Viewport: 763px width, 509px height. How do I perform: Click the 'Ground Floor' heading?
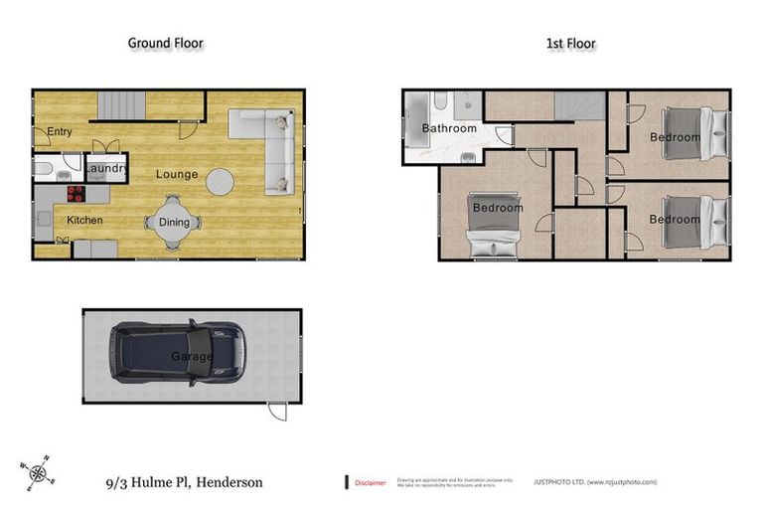(x=166, y=43)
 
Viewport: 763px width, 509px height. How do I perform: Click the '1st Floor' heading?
(x=570, y=43)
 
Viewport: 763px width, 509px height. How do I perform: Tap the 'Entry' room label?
(x=60, y=130)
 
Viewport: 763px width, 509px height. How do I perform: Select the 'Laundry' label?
(x=105, y=169)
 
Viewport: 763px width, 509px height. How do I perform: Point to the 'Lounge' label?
(x=177, y=174)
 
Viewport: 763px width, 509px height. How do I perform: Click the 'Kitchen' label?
(x=84, y=220)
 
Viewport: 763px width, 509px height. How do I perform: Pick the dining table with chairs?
(x=174, y=222)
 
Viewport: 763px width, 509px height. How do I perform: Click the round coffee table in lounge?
(x=221, y=181)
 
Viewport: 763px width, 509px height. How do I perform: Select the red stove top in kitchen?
(x=76, y=194)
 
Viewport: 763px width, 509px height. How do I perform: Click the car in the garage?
(x=177, y=353)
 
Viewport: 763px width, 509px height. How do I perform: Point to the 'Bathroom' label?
(x=449, y=128)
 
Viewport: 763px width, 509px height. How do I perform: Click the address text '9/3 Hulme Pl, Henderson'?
(x=186, y=482)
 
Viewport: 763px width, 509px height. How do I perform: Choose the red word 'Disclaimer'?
(x=371, y=482)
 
